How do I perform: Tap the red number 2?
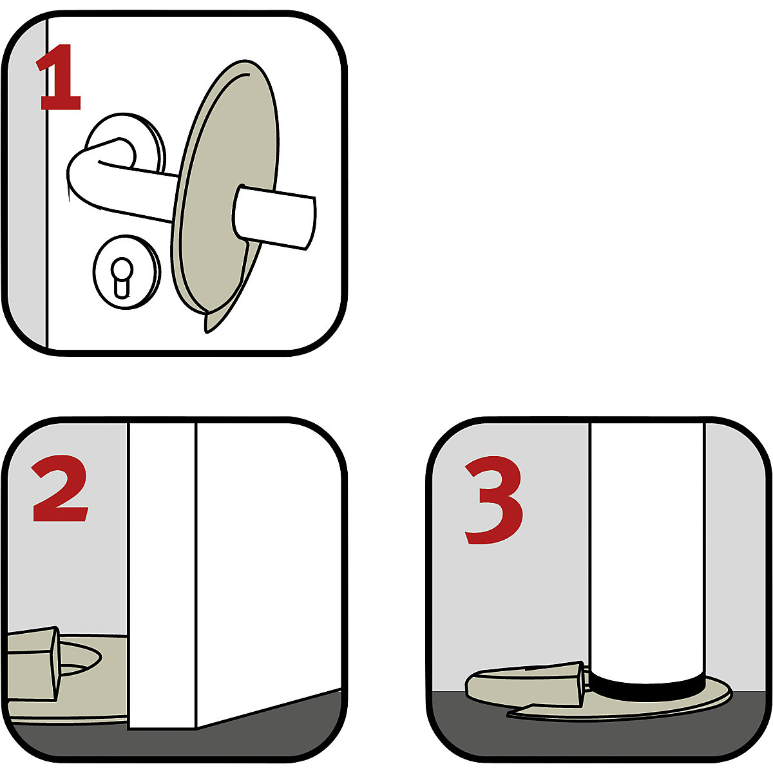click(60, 491)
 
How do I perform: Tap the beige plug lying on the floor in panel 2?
click(32, 663)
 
